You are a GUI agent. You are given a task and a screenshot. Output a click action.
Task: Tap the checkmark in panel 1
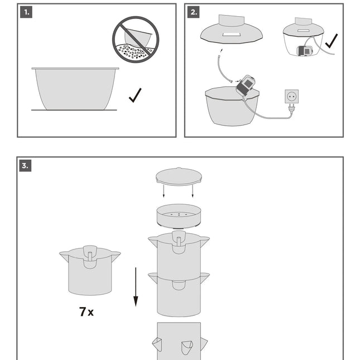pyautogui.click(x=135, y=95)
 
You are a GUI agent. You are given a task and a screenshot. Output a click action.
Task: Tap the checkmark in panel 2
pyautogui.click(x=331, y=41)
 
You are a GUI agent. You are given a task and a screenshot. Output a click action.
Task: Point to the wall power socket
pyautogui.click(x=291, y=97)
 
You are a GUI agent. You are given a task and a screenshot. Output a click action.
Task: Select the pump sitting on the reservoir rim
pyautogui.click(x=246, y=85)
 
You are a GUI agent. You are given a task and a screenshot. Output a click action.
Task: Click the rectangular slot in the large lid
pyautogui.click(x=231, y=35)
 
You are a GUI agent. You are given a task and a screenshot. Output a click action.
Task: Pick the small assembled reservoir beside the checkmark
pyautogui.click(x=304, y=41)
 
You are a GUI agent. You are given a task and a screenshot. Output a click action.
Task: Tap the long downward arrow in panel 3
pyautogui.click(x=135, y=287)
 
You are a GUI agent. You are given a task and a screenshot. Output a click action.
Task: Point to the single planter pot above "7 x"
pyautogui.click(x=90, y=270)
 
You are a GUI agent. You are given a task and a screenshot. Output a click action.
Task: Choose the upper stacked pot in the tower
pyautogui.click(x=179, y=254)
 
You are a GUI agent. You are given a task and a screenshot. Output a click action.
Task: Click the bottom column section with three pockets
pyautogui.click(x=179, y=341)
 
